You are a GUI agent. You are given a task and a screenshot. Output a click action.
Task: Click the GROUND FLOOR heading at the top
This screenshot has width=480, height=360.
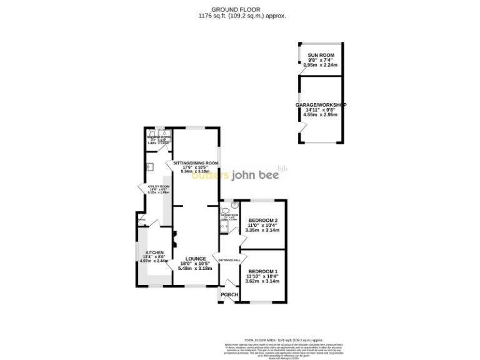[239, 9]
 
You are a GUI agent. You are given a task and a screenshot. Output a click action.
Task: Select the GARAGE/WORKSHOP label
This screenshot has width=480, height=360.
[321, 105]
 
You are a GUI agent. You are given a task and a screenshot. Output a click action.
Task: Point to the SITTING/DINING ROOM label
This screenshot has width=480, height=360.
[196, 163]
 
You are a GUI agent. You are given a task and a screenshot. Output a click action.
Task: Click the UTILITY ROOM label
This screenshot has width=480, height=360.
[159, 187]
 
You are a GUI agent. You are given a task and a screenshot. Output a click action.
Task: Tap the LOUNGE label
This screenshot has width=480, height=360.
[195, 258]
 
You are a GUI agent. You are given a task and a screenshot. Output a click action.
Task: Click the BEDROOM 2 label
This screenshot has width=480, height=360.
[262, 221]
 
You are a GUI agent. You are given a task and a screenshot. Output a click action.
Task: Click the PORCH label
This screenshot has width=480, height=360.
[229, 295]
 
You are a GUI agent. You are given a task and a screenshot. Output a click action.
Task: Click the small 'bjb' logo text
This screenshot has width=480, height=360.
[282, 168]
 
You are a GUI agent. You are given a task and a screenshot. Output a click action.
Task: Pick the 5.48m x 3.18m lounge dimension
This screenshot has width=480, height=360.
[195, 268]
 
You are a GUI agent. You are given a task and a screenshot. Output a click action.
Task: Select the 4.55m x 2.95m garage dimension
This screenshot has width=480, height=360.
[321, 115]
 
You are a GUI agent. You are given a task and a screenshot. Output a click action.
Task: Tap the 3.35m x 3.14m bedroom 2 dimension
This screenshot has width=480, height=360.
[262, 230]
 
